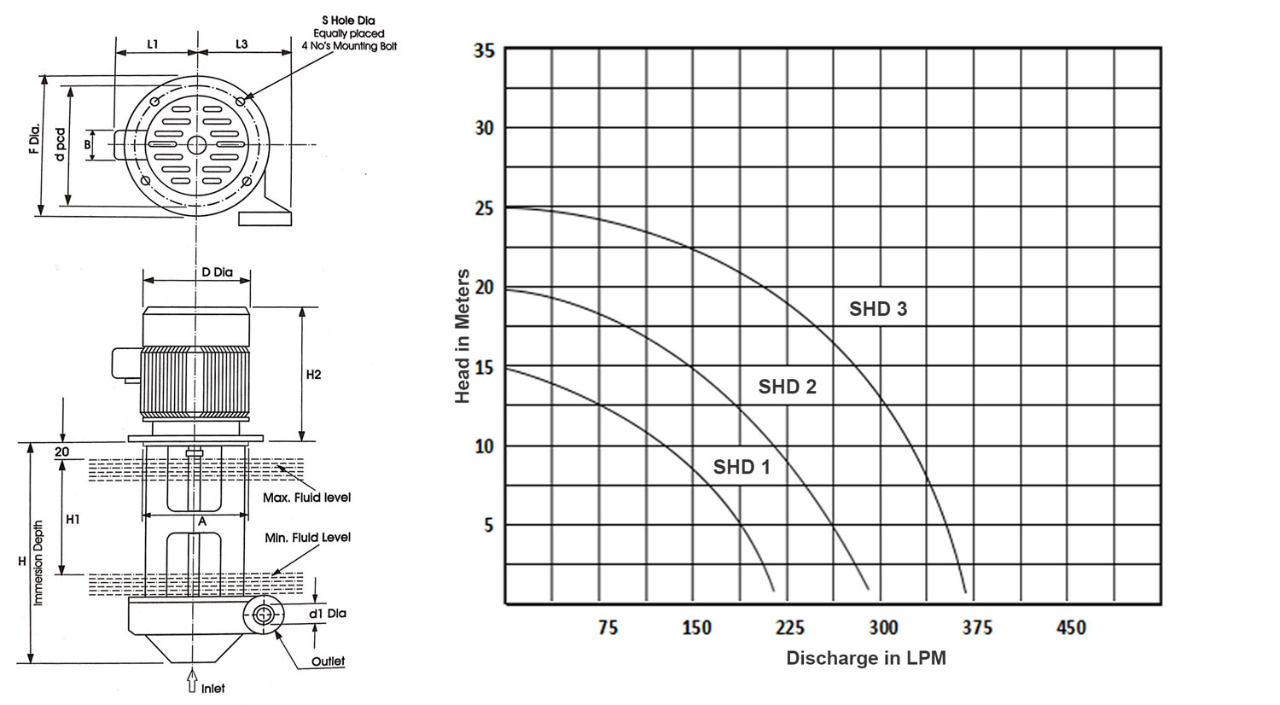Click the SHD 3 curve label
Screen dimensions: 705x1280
click(x=877, y=309)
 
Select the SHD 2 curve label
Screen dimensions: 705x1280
click(x=787, y=387)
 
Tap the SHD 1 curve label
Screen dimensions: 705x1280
click(x=742, y=467)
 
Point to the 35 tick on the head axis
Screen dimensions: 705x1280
click(x=483, y=50)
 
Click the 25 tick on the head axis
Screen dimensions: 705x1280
click(x=483, y=207)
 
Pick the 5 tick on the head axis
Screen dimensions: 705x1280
click(x=489, y=525)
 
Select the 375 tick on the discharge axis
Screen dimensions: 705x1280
click(x=976, y=628)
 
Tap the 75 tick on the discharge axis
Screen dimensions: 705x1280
click(x=608, y=628)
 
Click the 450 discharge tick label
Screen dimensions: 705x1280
click(x=1071, y=628)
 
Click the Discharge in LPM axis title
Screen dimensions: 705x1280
click(x=865, y=658)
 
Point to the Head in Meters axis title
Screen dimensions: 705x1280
click(x=463, y=336)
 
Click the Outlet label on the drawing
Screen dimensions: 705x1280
click(x=328, y=661)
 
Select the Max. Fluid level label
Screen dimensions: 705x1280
click(x=307, y=497)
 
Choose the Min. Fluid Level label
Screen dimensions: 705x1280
click(x=307, y=537)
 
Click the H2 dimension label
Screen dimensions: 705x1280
click(x=313, y=375)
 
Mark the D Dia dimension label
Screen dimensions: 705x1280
click(x=217, y=273)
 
